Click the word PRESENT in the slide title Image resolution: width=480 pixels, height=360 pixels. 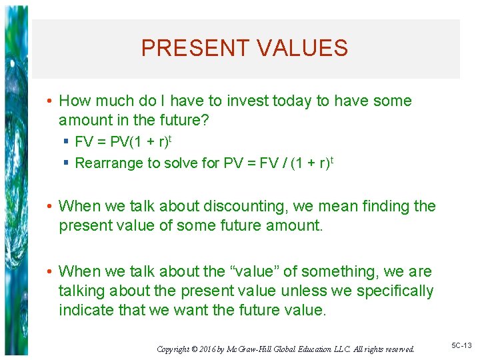193,48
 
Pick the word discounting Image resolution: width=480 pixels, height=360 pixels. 243,207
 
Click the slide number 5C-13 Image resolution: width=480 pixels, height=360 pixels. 461,345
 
